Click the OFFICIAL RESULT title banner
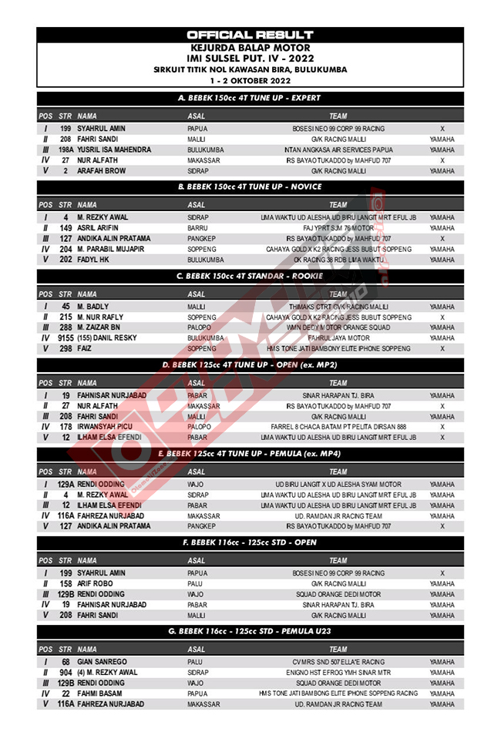pos(250,35)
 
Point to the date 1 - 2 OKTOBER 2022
pos(250,80)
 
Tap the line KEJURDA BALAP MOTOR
pos(250,47)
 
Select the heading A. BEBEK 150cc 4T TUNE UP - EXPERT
pos(250,98)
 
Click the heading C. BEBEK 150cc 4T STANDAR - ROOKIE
pos(250,275)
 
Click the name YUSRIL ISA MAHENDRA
pos(114,149)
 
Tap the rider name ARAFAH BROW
pos(102,170)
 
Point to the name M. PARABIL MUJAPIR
pos(111,249)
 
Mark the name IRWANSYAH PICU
pos(107,426)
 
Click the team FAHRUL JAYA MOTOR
pos(338,338)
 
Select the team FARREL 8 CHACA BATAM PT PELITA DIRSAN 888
pos(338,426)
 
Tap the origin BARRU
pos(198,228)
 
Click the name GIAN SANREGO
pos(103,662)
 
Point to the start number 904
pos(66,673)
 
